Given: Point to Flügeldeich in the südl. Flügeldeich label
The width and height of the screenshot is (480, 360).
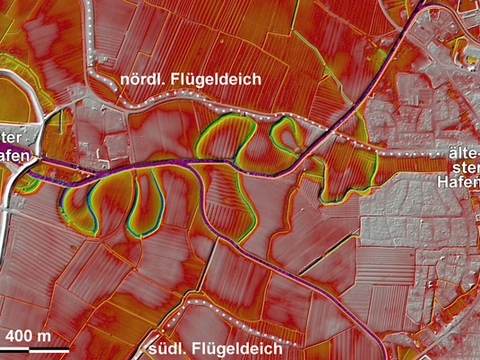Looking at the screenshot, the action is pyautogui.click(x=242, y=347).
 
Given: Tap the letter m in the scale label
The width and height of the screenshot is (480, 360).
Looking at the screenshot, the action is pyautogui.click(x=45, y=337).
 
